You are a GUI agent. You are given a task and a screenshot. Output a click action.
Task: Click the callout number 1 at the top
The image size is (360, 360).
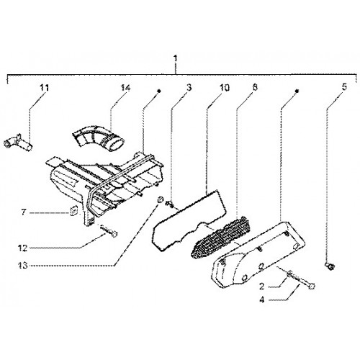click(x=176, y=58)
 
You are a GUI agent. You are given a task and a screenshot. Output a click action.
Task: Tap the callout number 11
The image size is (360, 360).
click(x=45, y=88)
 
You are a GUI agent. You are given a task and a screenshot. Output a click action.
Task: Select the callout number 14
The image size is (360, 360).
click(x=125, y=88)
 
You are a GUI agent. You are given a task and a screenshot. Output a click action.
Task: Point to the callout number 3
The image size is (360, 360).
click(x=189, y=88)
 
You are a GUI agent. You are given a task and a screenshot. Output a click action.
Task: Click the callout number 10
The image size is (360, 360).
click(x=224, y=88)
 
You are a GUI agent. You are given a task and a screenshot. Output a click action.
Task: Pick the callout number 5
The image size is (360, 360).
click(x=344, y=87)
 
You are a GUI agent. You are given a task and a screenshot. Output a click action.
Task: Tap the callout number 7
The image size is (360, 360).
click(x=24, y=212)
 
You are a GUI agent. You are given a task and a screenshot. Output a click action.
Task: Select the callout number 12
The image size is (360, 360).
click(x=23, y=248)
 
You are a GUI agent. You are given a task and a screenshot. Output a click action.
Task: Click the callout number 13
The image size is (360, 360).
click(x=23, y=266)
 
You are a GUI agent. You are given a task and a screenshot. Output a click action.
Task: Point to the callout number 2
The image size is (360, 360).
click(x=262, y=286)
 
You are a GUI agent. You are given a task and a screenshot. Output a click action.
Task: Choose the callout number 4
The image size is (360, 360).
click(x=262, y=300)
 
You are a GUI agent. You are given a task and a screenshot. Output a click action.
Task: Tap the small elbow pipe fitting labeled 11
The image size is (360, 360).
click(x=18, y=143)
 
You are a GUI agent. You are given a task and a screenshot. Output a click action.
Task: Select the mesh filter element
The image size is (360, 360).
click(x=221, y=237)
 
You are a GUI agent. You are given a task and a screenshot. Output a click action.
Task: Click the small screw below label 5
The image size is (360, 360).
click(x=330, y=266)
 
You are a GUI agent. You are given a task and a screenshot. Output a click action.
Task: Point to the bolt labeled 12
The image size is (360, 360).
click(x=109, y=231)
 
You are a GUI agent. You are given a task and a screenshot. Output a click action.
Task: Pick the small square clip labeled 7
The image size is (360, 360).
click(x=73, y=210)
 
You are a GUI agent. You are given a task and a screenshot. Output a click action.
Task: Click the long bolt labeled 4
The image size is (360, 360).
click(x=301, y=279)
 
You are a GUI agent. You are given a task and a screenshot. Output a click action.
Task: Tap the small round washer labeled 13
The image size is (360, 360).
click(x=160, y=199)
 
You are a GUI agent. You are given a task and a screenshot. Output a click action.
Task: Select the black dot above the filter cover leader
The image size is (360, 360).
click(x=297, y=91)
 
